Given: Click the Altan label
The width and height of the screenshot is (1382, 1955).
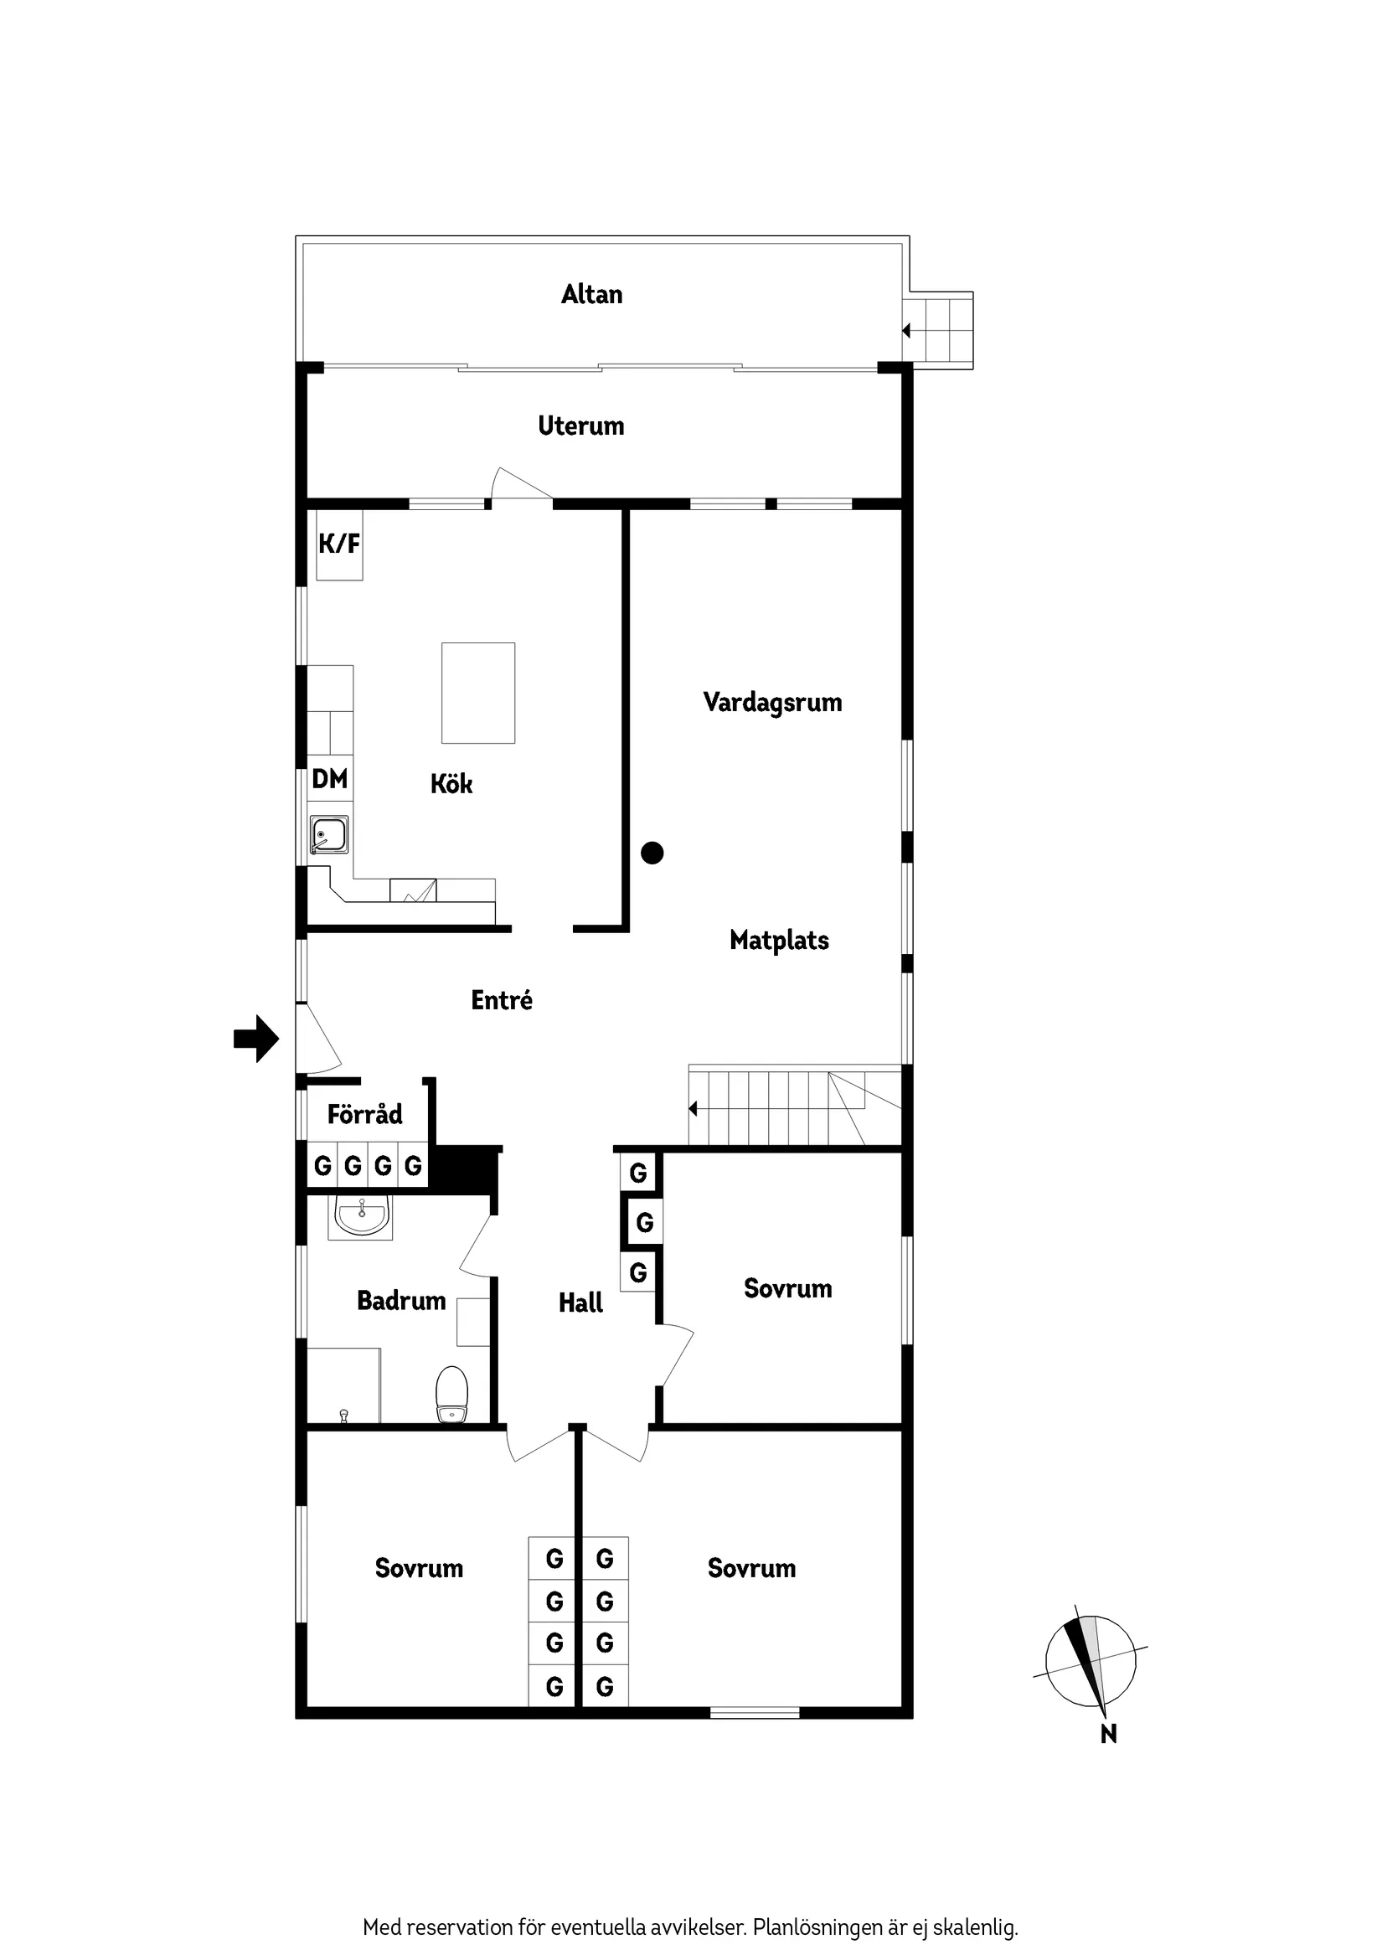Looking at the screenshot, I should (592, 295).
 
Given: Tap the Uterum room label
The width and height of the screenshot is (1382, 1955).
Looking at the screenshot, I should (580, 426).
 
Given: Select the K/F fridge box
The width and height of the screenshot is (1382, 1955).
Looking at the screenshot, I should (339, 544).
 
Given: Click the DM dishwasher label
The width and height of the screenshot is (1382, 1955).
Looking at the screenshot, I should (329, 778).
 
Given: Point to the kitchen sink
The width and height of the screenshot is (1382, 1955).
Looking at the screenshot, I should (328, 834).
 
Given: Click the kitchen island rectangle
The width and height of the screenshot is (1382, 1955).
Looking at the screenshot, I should (477, 692).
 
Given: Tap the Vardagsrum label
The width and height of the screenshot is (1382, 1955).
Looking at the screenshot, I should (772, 703).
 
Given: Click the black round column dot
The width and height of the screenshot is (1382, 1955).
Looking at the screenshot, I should (652, 853).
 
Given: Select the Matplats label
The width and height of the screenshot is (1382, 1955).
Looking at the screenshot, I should (779, 940).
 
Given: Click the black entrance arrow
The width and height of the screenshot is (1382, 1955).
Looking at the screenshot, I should (256, 1038).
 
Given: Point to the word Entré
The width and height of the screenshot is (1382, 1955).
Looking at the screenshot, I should (502, 999).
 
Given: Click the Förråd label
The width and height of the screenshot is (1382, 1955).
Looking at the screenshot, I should (364, 1114).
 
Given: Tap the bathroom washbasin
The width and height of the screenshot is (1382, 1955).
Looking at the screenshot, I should (362, 1215).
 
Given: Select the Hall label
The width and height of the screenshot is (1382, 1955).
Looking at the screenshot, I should (580, 1302).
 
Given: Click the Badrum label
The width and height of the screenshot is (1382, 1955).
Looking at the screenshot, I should (401, 1300).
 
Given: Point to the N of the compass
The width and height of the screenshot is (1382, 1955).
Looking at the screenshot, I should (1109, 1734).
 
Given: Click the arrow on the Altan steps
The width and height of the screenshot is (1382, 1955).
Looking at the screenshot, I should (907, 330).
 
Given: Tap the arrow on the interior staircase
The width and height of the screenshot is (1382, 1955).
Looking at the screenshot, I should (694, 1108).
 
